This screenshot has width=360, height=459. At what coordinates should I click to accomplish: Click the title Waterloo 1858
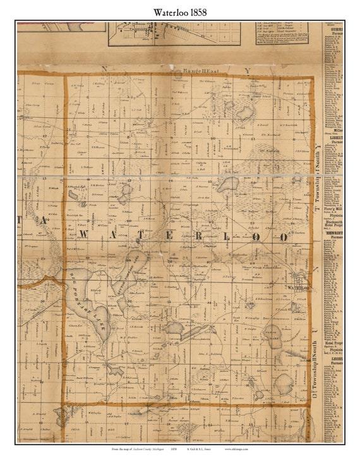(179, 11)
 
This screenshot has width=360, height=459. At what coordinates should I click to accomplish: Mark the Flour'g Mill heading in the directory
(334, 207)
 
